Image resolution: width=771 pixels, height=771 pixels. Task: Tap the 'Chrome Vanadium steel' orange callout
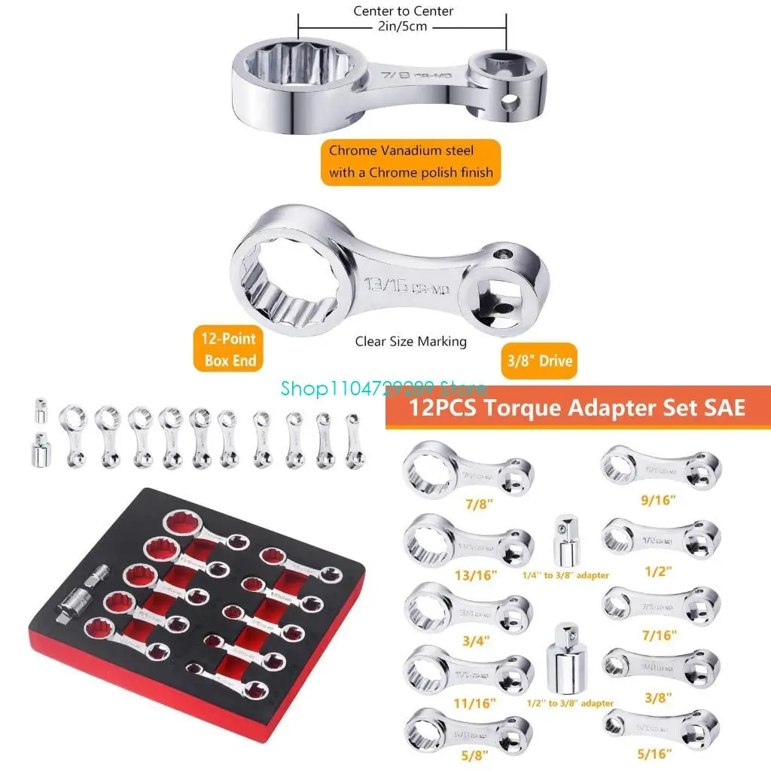point(411,161)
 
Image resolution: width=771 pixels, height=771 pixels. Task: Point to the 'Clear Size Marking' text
point(411,341)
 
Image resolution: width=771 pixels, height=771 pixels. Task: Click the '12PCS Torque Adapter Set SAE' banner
point(577,408)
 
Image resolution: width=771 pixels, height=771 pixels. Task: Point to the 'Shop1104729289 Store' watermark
point(383,389)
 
